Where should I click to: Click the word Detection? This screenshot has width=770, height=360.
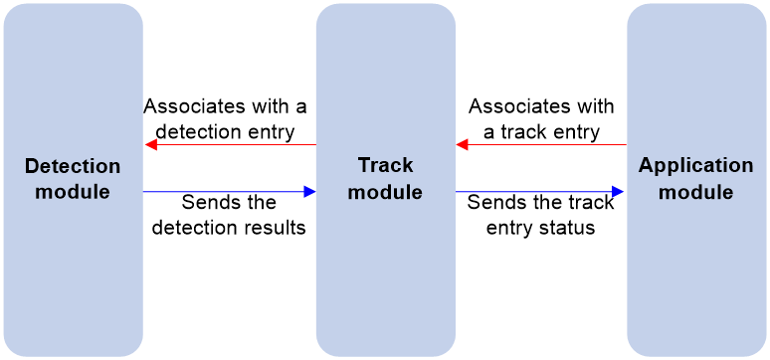(x=73, y=166)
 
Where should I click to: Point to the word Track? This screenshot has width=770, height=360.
(x=385, y=166)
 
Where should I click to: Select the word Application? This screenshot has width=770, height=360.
(x=696, y=166)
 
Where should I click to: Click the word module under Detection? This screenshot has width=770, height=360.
(x=73, y=192)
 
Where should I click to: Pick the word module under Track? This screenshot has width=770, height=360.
(x=385, y=192)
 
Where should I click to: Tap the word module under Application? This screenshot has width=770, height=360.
(x=696, y=192)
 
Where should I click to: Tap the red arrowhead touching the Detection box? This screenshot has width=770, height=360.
(x=150, y=145)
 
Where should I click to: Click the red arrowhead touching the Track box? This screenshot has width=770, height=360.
(x=463, y=145)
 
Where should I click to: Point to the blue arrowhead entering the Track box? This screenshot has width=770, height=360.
(x=309, y=192)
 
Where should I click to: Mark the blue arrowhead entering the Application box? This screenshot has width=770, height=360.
(x=619, y=192)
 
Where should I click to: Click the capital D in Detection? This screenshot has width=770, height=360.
(x=32, y=166)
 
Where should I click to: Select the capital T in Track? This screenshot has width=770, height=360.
(x=363, y=166)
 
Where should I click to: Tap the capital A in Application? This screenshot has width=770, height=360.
(x=646, y=166)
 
